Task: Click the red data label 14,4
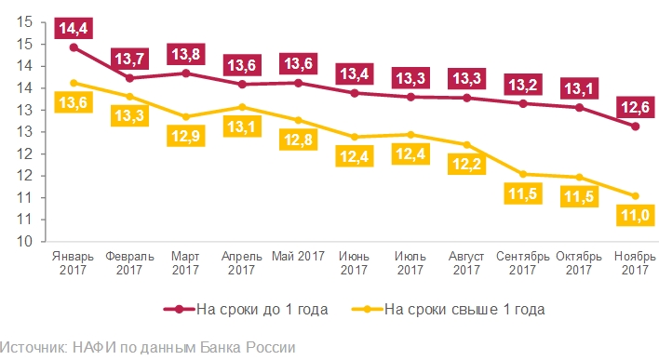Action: [74, 30]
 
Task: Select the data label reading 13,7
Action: [129, 60]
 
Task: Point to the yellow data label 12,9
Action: [185, 136]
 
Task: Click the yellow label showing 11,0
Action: [634, 217]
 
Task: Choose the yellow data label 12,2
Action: [466, 165]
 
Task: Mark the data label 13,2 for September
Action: [522, 86]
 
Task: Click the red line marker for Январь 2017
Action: [74, 47]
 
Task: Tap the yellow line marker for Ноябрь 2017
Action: [634, 195]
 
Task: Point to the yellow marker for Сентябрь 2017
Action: [522, 174]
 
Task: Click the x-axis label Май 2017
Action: [298, 255]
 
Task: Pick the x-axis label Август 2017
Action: [466, 261]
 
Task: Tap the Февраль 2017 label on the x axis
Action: [129, 261]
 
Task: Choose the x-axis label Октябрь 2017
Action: [578, 261]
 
